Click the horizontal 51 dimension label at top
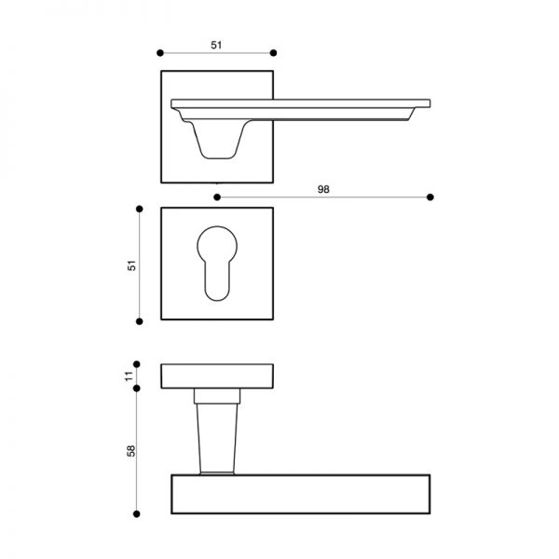[216, 46]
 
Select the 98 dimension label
[323, 189]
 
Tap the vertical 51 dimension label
[131, 266]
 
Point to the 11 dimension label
[129, 376]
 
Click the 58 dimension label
[130, 451]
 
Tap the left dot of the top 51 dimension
[160, 53]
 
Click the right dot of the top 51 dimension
[273, 53]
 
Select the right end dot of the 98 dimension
[430, 198]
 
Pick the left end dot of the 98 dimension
[217, 198]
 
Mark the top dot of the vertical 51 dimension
[140, 209]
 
